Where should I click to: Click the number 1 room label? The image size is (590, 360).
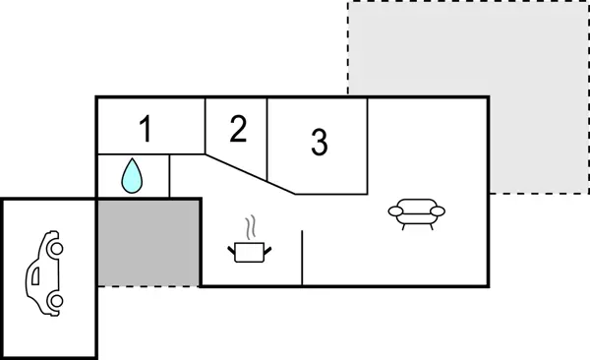(x=146, y=128)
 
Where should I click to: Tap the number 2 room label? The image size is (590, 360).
(x=238, y=129)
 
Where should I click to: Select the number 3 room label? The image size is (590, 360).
(x=319, y=142)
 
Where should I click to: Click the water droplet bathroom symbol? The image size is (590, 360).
(x=132, y=176)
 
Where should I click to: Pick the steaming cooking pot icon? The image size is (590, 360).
(x=250, y=252)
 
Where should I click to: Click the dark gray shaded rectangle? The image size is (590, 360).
(x=148, y=242)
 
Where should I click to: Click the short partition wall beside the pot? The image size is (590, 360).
(x=302, y=258)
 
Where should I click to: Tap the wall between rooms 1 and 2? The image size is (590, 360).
(x=205, y=126)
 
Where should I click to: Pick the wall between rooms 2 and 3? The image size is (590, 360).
(x=268, y=138)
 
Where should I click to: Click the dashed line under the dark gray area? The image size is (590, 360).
(x=148, y=286)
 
